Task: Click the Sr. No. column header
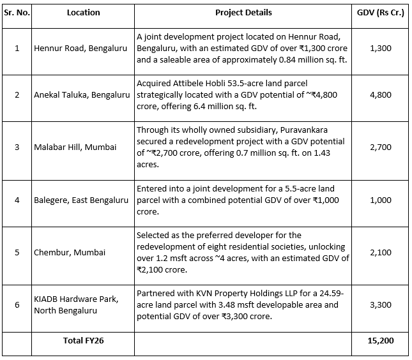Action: [17, 12]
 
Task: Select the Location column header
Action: [83, 12]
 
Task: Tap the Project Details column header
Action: [243, 12]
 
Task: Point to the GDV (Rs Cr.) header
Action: [381, 12]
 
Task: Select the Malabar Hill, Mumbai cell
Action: [75, 147]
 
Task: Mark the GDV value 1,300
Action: [381, 48]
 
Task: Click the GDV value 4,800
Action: [381, 95]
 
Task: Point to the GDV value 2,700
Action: [381, 147]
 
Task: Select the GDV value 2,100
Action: [381, 252]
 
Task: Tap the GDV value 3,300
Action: [381, 304]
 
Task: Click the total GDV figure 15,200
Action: [381, 340]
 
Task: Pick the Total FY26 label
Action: [83, 340]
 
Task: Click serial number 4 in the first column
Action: [17, 200]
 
